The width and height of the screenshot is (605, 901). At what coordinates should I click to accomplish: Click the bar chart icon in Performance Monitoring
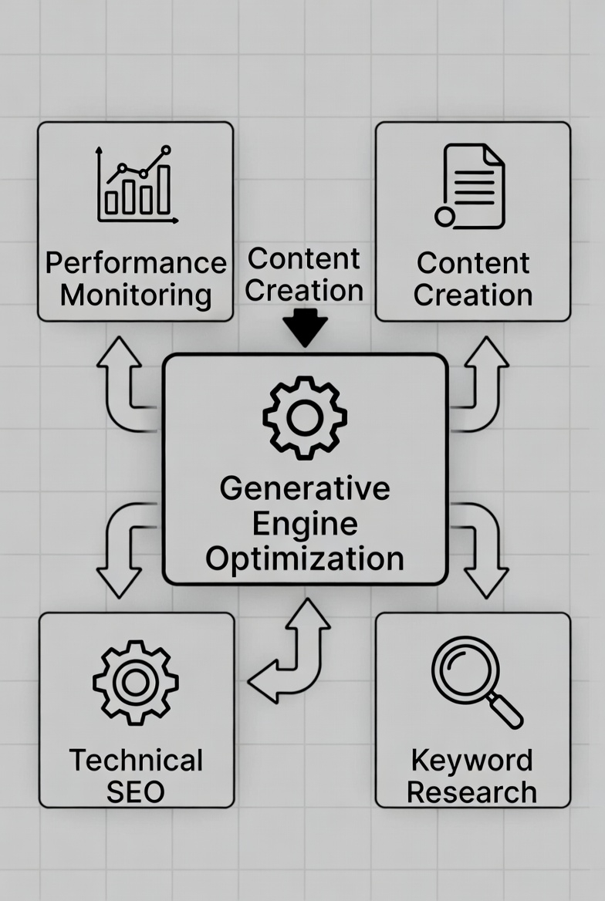tap(137, 185)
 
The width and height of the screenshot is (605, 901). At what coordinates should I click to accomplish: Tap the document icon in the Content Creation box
tap(471, 187)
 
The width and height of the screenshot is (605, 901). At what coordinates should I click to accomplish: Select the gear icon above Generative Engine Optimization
tap(304, 417)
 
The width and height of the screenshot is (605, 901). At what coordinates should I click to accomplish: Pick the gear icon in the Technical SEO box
tap(136, 681)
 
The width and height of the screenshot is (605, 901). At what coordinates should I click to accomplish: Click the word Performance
tap(136, 263)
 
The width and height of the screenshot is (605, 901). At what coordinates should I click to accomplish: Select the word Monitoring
tap(136, 295)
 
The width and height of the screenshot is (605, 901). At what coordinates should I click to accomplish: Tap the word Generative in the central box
tap(305, 488)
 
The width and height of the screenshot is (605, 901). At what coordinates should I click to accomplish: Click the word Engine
tap(305, 524)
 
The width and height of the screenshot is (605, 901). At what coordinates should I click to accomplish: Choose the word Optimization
tap(305, 558)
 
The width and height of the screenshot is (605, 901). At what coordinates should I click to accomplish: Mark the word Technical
tap(136, 761)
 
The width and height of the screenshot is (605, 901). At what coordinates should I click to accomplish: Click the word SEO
tap(136, 792)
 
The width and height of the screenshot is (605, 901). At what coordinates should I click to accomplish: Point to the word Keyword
tap(471, 761)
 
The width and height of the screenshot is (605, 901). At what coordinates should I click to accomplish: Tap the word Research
tap(471, 792)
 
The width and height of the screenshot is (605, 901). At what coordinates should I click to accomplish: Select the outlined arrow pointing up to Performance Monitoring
tap(123, 386)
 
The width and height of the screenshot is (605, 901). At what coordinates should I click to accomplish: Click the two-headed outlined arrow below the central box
tap(292, 652)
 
